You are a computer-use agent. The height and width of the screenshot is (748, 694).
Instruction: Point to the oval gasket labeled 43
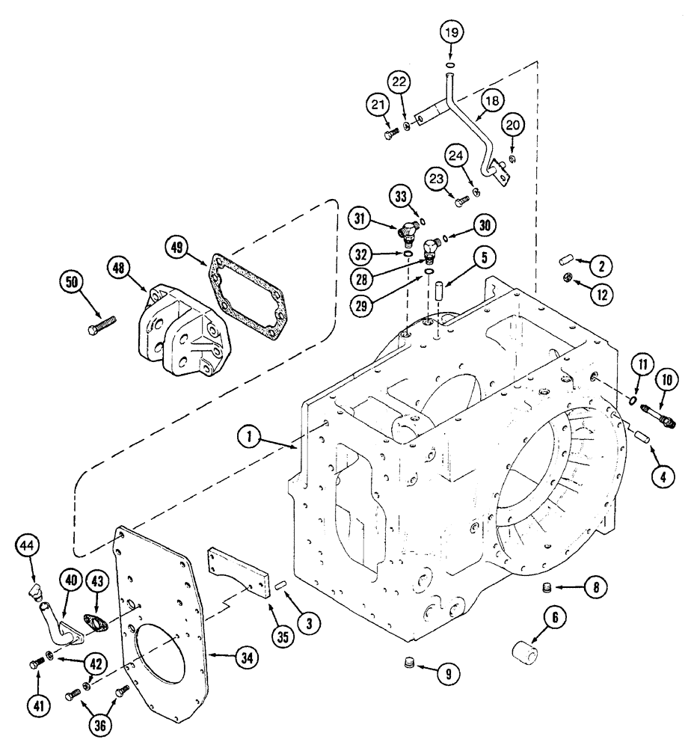point(94,623)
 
